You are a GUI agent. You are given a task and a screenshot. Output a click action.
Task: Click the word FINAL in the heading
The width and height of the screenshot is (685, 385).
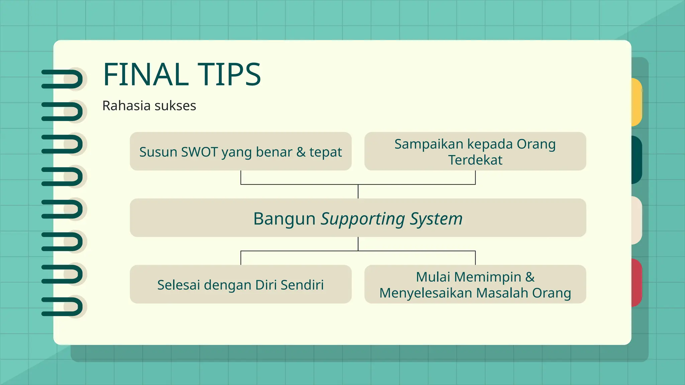[x=145, y=75]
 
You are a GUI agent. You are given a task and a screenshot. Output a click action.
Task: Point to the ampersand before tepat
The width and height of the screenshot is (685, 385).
[x=301, y=152]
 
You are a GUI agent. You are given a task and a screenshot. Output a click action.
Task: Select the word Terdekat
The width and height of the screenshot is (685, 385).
[x=475, y=160]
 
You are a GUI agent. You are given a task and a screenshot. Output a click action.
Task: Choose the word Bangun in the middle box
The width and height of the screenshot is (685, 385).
[x=284, y=219]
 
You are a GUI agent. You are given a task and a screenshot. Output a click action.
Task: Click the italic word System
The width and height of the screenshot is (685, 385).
[x=436, y=219]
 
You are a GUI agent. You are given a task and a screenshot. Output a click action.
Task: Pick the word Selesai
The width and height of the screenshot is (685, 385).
[x=178, y=285]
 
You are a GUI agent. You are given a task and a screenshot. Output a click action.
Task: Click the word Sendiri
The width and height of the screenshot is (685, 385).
[x=302, y=285]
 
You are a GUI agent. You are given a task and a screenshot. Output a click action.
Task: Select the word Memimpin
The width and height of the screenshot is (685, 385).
[x=487, y=277]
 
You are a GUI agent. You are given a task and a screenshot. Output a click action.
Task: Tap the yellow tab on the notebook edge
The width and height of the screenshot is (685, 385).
[x=637, y=102]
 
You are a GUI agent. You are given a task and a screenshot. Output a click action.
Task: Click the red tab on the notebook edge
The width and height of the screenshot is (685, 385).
[x=637, y=283]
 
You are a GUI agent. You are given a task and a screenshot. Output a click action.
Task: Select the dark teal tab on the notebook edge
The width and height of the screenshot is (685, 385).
[x=637, y=160]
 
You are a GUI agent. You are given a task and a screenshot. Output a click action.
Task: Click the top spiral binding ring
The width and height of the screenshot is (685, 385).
[x=62, y=79]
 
